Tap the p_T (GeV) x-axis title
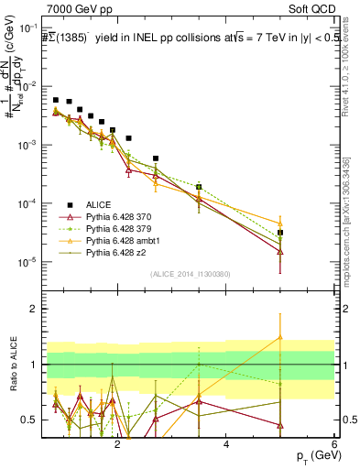pyautogui.click(x=311, y=455)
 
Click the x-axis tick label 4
pyautogui.click(x=226, y=444)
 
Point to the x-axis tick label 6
pyautogui.click(x=335, y=444)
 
